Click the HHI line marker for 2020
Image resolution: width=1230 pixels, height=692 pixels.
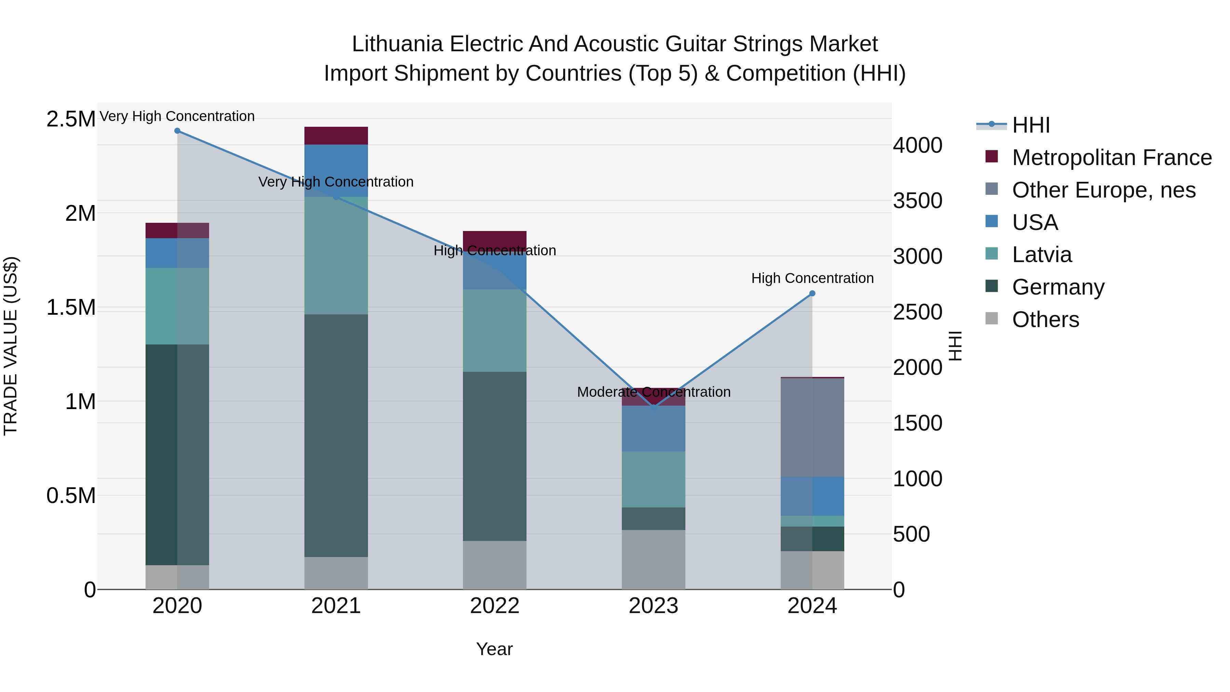177,131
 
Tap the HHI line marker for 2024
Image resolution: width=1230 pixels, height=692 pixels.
812,294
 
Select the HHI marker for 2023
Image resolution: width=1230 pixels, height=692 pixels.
654,408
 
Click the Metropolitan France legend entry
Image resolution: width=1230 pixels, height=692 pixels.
1111,158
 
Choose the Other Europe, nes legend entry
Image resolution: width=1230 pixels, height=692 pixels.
1104,190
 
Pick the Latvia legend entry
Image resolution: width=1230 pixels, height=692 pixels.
1041,255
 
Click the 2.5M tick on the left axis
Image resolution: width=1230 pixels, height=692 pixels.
71,119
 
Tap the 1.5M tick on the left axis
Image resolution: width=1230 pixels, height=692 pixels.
71,308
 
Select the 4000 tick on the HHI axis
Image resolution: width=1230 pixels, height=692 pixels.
917,145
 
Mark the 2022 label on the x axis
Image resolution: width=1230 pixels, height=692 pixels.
495,606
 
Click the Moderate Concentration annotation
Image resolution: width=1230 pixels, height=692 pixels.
654,392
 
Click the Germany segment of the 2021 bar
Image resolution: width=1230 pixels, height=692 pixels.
336,435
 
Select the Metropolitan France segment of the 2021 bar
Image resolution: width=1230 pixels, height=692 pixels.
336,136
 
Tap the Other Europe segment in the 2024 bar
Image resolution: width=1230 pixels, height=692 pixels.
812,428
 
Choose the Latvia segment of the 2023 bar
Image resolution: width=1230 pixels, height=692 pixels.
654,479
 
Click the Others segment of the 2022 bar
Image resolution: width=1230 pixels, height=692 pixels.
495,565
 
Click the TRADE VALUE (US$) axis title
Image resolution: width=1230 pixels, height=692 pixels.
11,346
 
